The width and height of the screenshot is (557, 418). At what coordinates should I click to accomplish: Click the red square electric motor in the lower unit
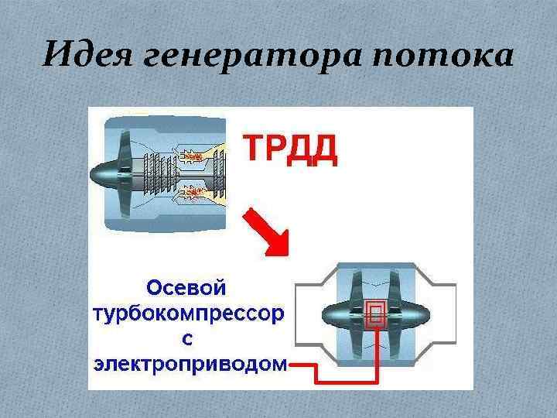[x=376, y=313]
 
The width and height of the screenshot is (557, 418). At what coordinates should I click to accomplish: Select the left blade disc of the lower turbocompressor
[x=357, y=313]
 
